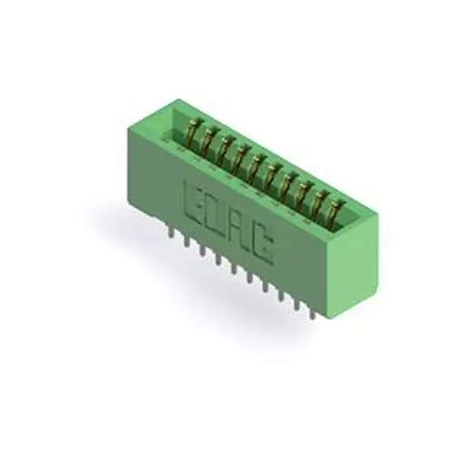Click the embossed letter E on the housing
click(194, 199)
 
